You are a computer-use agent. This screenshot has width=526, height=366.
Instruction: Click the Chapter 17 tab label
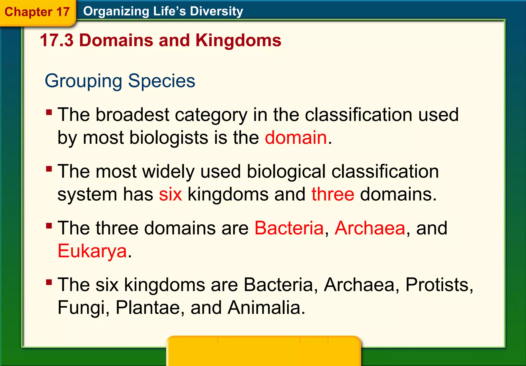click(x=37, y=12)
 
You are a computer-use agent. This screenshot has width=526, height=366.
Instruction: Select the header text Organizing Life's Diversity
click(x=163, y=11)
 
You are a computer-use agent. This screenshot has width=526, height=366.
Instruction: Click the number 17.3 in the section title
click(x=57, y=40)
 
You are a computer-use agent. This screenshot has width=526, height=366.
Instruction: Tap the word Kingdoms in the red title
click(x=238, y=40)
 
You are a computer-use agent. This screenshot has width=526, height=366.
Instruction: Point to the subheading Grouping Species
click(x=120, y=81)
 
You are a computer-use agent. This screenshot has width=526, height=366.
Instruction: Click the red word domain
click(x=296, y=137)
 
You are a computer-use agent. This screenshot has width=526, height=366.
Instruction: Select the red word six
click(x=170, y=194)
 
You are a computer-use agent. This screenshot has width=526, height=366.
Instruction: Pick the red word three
click(x=333, y=194)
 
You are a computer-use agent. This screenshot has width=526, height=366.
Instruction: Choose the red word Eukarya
click(x=92, y=251)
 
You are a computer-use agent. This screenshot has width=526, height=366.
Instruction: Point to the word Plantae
click(x=147, y=307)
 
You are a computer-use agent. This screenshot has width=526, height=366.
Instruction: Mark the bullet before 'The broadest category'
click(x=49, y=112)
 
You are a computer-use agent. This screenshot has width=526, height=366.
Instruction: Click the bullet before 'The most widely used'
click(x=49, y=169)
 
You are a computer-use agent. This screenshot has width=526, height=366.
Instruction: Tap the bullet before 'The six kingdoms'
click(x=49, y=283)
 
